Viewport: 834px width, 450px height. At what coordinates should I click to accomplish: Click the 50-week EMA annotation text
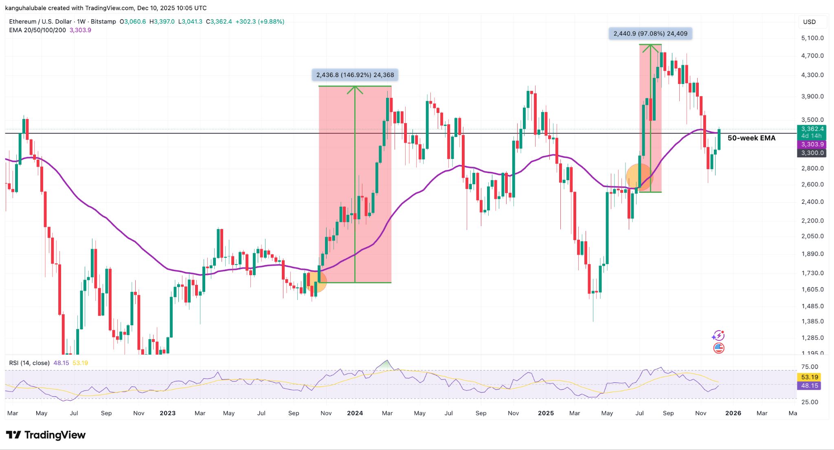click(x=751, y=138)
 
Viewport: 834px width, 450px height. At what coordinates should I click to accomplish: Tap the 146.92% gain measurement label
click(x=355, y=75)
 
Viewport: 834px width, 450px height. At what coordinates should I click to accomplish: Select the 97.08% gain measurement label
click(x=650, y=34)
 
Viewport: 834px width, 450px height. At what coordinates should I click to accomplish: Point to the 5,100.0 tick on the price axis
click(x=812, y=38)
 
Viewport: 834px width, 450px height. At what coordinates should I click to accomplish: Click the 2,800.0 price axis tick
click(x=812, y=168)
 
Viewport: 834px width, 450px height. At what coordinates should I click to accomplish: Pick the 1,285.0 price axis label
click(x=812, y=338)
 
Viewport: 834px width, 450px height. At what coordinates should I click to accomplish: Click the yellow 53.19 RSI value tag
click(x=809, y=377)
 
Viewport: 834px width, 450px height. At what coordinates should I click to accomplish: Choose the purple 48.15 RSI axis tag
click(x=809, y=386)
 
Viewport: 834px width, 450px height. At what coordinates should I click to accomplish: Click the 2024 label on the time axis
click(x=355, y=413)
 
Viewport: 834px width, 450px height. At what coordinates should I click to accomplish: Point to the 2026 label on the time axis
click(x=733, y=413)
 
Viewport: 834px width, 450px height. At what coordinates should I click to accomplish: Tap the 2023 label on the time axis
click(x=167, y=413)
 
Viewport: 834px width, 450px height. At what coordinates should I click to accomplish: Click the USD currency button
click(x=809, y=22)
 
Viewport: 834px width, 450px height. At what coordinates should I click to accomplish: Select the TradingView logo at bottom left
click(x=46, y=435)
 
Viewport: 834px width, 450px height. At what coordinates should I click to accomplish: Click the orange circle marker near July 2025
click(x=639, y=177)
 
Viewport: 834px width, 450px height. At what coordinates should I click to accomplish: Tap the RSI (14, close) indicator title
click(x=29, y=363)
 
